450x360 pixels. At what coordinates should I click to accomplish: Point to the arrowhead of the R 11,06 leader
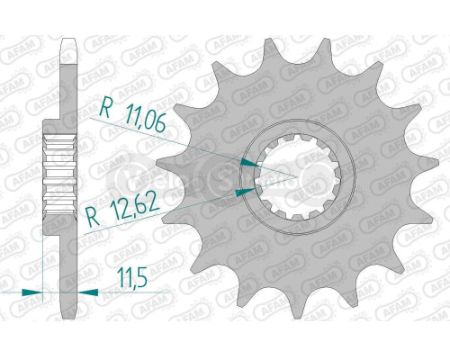point(251,162)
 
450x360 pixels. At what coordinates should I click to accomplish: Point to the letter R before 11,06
point(105,112)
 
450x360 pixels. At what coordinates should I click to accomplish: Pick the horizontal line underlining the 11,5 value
point(126,292)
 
